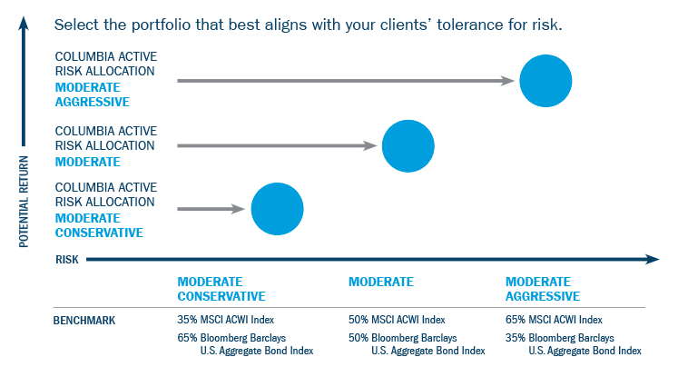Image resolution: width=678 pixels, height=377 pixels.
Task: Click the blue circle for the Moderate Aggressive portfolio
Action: (545, 81)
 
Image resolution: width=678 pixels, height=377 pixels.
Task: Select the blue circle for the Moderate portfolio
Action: (408, 146)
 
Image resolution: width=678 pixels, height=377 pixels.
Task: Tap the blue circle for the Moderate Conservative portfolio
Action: (277, 209)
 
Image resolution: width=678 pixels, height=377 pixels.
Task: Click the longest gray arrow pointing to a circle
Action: (346, 81)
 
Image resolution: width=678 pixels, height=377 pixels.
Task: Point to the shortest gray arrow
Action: (211, 209)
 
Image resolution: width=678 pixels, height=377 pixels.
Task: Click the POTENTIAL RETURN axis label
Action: (24, 202)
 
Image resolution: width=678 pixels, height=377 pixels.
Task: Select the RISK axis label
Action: (67, 260)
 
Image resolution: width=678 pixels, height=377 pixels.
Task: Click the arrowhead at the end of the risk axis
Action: (652, 259)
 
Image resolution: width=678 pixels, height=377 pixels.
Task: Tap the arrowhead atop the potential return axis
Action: (24, 24)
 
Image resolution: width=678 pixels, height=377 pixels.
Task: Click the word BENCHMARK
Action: (84, 321)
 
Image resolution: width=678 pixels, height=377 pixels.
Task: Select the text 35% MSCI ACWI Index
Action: (226, 320)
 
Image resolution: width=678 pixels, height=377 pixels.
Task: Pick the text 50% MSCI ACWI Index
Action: (397, 320)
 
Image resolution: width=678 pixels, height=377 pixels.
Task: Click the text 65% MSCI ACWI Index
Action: (554, 320)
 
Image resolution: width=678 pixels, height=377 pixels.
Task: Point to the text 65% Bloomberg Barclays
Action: (231, 338)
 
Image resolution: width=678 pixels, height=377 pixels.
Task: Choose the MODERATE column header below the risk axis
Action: (381, 282)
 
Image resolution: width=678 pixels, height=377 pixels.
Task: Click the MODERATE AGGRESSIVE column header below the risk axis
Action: (543, 289)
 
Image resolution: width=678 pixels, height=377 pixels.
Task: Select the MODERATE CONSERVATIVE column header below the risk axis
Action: (221, 289)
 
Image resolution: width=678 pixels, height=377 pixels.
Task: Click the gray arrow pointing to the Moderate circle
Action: (277, 146)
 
